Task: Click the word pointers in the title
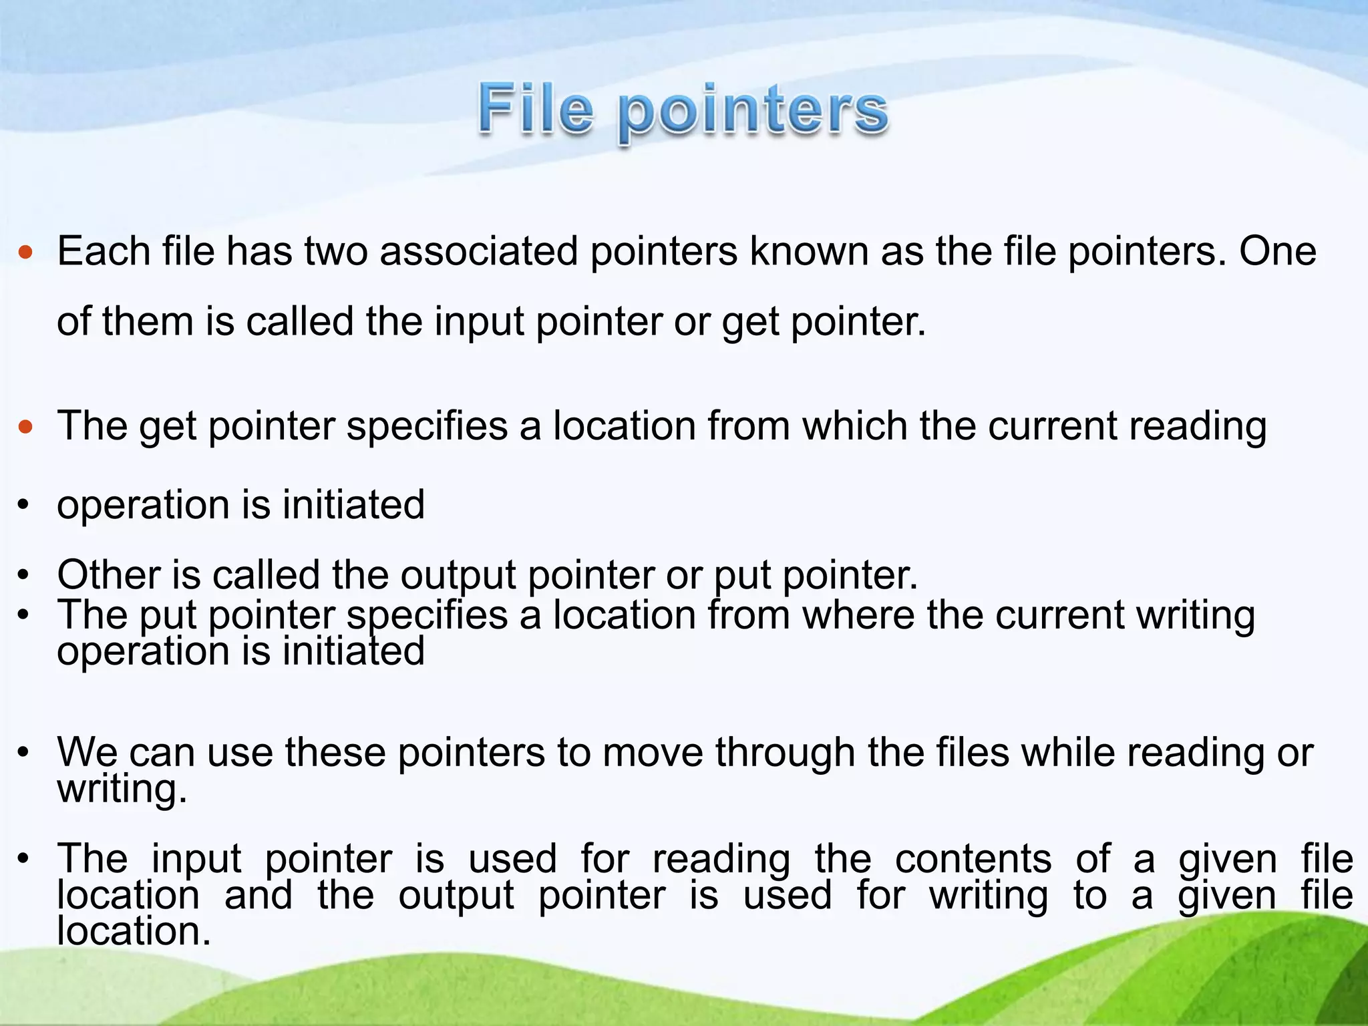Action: coord(752,114)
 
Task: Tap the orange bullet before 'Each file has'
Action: coord(25,252)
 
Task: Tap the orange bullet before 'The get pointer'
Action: coord(25,427)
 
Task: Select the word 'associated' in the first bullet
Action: coord(479,252)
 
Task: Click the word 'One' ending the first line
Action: coord(1278,252)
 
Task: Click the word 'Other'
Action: coord(109,574)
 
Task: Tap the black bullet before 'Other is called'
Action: coord(23,576)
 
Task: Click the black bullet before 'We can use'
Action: coord(23,753)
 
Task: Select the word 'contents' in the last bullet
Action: coord(973,859)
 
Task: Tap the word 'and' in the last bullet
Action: coord(259,896)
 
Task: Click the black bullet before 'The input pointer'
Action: coord(23,860)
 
